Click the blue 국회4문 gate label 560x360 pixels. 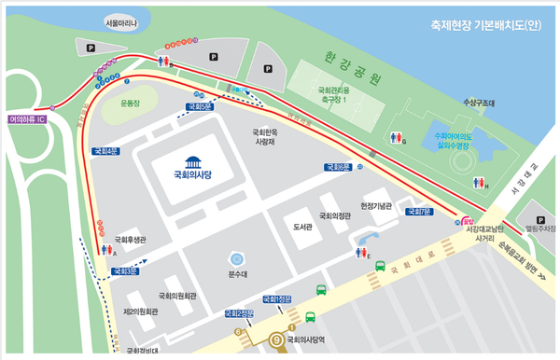click(105, 151)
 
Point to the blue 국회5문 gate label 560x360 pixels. click(199, 107)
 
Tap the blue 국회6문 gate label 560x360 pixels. click(339, 167)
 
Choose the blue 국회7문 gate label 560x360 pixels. click(418, 212)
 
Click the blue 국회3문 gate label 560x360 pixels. click(124, 271)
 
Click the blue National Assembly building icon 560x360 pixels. click(193, 160)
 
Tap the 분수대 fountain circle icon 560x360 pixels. click(238, 258)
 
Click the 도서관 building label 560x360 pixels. click(301, 227)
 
